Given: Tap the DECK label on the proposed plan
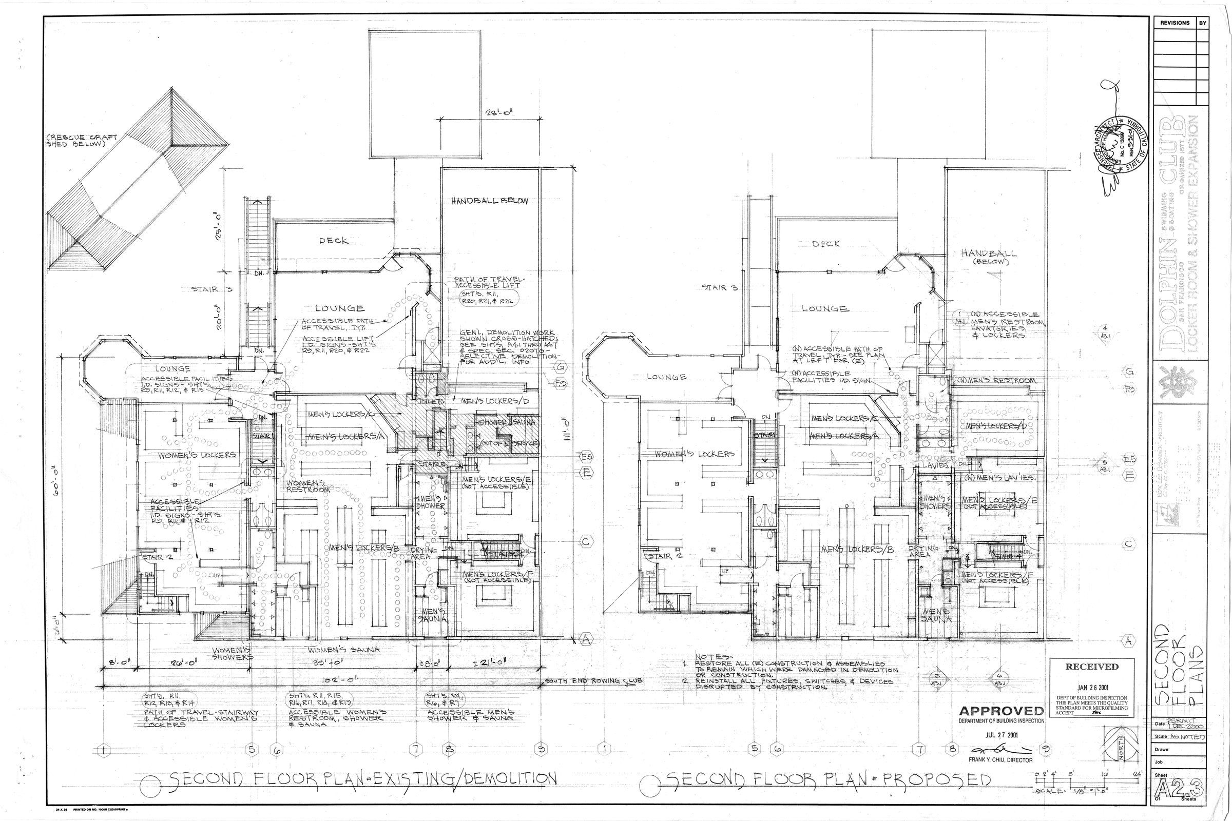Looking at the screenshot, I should point(826,244).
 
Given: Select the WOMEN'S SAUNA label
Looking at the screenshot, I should point(344,650).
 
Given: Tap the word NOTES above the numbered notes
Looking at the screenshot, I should point(711,657).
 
